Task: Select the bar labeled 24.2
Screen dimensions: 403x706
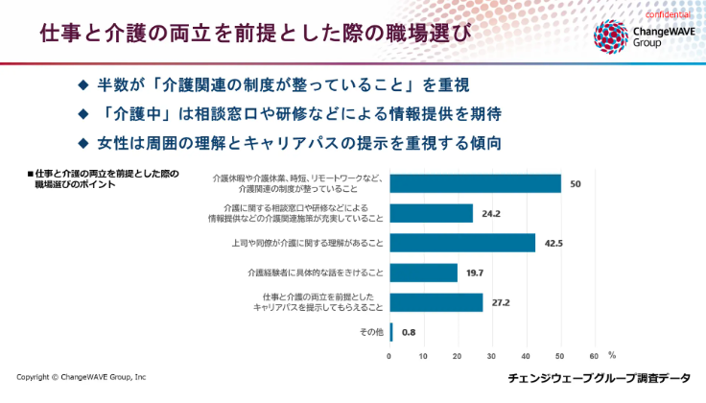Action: (431, 213)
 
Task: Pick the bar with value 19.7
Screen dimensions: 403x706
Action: (423, 273)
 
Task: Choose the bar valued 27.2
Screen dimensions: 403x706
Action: (435, 302)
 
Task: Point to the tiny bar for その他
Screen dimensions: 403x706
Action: (390, 332)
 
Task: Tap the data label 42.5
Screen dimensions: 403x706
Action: (553, 243)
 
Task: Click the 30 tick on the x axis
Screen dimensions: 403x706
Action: (492, 355)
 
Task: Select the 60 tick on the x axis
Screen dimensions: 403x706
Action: (595, 355)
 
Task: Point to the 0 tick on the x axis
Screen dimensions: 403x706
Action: (389, 355)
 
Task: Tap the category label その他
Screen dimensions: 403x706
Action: (369, 332)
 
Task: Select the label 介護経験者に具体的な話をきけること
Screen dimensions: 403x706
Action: (316, 273)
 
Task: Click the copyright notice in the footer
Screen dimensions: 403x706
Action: (82, 377)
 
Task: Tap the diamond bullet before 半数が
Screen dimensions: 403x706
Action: (82, 85)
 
